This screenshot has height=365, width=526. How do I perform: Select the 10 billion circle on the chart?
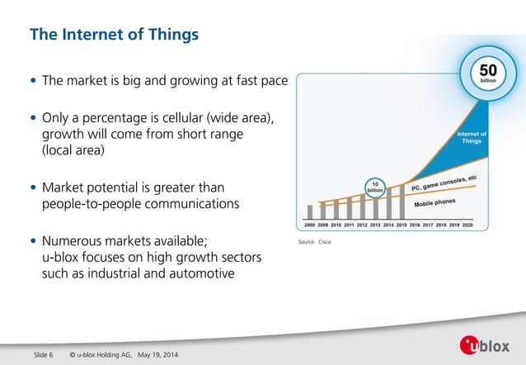pos(375,187)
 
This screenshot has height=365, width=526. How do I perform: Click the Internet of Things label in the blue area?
pos(471,137)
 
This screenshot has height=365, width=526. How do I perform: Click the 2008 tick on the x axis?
pos(311,225)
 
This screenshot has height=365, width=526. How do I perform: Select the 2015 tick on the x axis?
pos(402,225)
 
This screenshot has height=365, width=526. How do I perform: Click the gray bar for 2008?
pos(311,212)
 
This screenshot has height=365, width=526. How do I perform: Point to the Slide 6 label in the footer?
pos(43,355)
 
